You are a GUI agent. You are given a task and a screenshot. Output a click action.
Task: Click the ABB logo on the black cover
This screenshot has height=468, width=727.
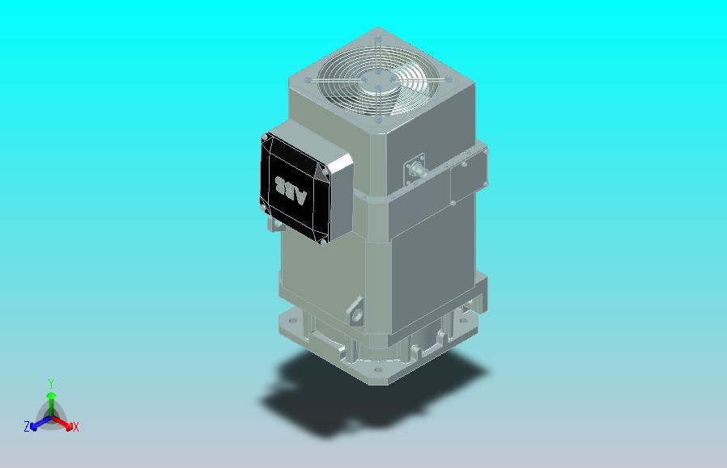(x=292, y=188)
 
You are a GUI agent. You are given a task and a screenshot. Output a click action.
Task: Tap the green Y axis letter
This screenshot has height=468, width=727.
(x=50, y=383)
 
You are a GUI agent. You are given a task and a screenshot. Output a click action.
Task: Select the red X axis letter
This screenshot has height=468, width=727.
(x=75, y=427)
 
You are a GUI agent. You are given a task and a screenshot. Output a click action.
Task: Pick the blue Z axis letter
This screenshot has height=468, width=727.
(x=27, y=426)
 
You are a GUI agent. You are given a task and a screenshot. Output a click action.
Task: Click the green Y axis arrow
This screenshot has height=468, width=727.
(x=50, y=398)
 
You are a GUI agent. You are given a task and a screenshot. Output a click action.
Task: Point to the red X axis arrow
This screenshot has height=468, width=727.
(x=65, y=422)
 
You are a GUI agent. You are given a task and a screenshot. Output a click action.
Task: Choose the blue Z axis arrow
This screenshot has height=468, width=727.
(x=37, y=422)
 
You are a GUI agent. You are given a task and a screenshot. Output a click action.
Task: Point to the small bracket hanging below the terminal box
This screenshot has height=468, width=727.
(x=277, y=225)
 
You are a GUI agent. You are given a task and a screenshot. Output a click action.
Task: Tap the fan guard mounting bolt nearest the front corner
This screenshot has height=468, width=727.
(x=378, y=120)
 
